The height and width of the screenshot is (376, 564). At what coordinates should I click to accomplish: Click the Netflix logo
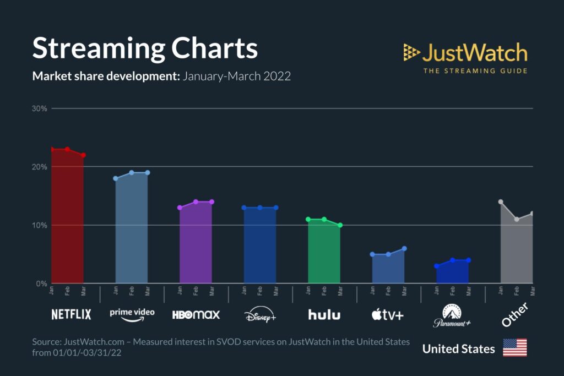point(71,314)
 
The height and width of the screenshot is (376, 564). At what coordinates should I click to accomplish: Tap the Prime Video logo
point(132,313)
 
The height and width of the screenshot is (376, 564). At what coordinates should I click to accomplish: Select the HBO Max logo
point(196,315)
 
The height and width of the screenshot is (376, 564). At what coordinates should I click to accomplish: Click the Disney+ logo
point(260,315)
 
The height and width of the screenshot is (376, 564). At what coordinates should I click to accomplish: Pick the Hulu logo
point(324,315)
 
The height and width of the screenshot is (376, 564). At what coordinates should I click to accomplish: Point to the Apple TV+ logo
point(387,315)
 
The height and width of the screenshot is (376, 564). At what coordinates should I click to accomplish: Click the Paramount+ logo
point(452,316)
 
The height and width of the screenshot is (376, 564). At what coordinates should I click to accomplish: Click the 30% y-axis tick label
point(40,108)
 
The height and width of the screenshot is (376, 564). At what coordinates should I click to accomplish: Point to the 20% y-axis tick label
point(40,167)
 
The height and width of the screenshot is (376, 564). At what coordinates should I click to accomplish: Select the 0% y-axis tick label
point(42,284)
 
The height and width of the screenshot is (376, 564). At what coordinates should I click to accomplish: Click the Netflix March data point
point(83,155)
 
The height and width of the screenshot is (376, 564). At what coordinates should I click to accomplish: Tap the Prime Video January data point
point(116,178)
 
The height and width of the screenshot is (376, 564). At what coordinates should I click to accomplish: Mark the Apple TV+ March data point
point(404,248)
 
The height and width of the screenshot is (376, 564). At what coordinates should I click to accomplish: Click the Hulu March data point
point(340,225)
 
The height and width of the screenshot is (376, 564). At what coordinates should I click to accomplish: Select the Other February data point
point(517,219)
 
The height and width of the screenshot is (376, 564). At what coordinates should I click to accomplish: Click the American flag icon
point(514,348)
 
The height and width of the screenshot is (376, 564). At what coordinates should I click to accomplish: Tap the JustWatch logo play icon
point(411,52)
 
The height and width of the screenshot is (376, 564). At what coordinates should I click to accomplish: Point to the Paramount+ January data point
point(437,266)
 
